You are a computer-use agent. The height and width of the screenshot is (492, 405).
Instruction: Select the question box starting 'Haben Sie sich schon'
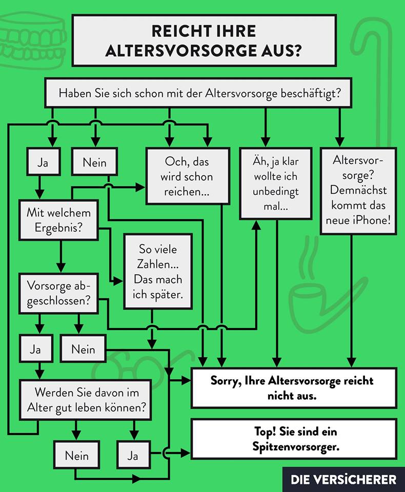click(200, 94)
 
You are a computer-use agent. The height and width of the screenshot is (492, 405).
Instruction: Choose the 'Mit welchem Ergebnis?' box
click(58, 220)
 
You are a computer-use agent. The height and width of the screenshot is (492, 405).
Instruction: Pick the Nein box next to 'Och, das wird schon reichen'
click(95, 162)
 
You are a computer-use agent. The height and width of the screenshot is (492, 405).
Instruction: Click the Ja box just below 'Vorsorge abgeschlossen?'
click(35, 350)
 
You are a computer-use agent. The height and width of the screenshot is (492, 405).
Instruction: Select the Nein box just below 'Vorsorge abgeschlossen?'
click(84, 350)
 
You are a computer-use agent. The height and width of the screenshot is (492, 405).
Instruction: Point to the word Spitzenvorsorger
click(296, 446)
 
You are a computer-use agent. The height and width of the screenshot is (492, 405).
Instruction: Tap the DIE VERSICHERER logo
click(343, 480)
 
